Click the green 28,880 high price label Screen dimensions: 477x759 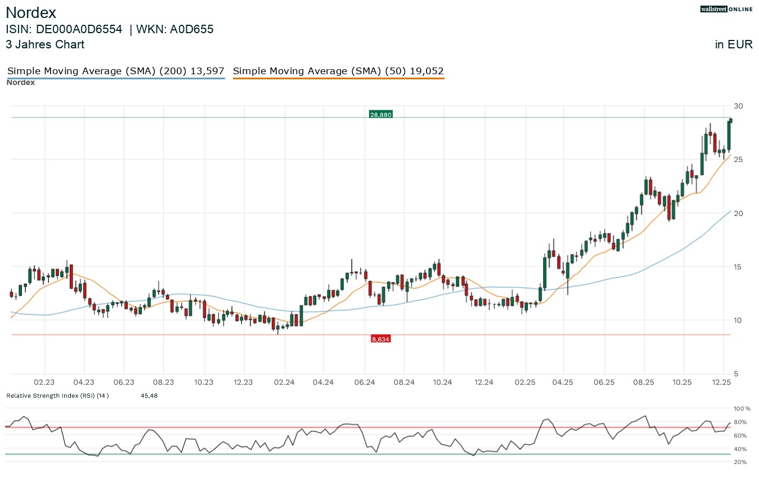(380, 114)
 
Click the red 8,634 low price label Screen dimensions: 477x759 (380, 339)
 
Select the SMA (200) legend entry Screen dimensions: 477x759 (115, 71)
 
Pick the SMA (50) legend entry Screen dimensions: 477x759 (338, 71)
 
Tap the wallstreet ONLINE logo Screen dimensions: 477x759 (726, 9)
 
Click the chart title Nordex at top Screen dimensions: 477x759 (30, 13)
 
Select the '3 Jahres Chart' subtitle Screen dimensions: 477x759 (45, 44)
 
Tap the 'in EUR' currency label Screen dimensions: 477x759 (734, 44)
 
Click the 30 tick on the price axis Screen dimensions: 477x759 (738, 106)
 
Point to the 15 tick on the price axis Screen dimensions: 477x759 (738, 267)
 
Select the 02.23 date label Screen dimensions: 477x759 (45, 382)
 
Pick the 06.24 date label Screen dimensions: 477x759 (365, 382)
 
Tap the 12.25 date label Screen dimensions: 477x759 (721, 382)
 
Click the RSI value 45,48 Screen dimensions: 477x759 (149, 395)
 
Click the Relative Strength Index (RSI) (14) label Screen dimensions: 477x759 (57, 395)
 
